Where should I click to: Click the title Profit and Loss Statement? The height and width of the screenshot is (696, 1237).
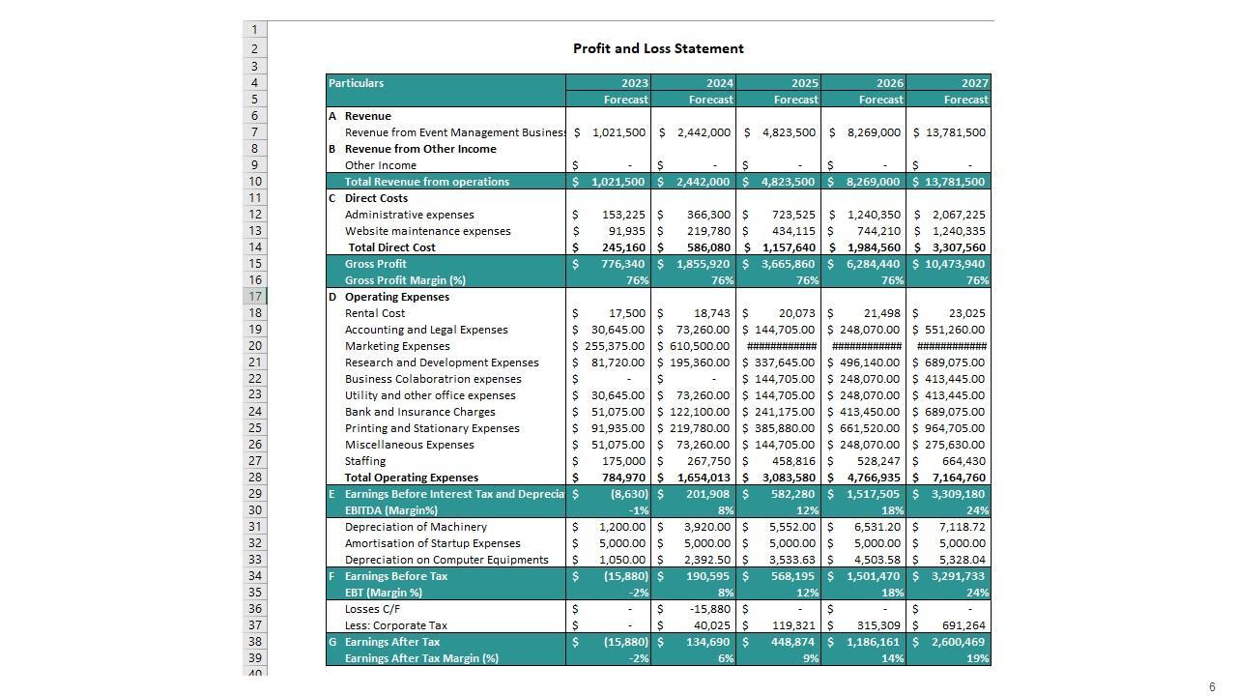point(658,48)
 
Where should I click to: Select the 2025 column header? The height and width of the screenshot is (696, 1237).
point(804,83)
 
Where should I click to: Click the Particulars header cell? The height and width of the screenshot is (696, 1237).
point(357,83)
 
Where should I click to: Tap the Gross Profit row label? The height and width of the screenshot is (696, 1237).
point(376,264)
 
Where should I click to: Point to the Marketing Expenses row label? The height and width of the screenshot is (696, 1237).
point(397,346)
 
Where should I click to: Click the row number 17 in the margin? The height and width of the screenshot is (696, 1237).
point(254,297)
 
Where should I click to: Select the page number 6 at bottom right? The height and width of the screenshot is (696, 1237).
point(1212,687)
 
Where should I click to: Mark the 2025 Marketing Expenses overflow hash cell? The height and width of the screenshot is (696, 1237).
point(782,346)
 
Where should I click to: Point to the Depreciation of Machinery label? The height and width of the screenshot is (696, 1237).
point(416,527)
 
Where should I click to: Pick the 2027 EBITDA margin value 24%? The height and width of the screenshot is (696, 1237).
point(977,510)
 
